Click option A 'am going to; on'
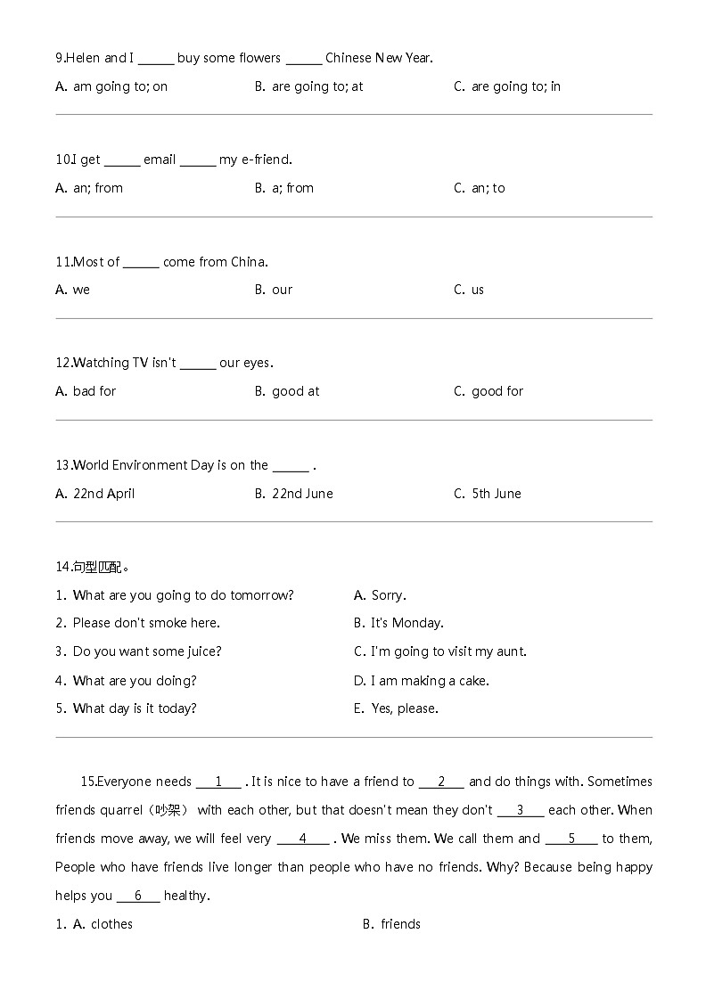coord(119,86)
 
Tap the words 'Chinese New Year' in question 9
coord(379,58)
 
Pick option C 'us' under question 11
coord(477,290)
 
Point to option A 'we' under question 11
coord(81,290)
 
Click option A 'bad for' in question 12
coord(94,391)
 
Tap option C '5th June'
coord(496,494)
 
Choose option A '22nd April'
coord(103,494)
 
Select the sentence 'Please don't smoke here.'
coord(146,623)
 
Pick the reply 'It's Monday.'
coord(406,623)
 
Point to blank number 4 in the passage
coord(303,839)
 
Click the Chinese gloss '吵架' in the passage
coord(168,810)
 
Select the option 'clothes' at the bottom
coord(111,924)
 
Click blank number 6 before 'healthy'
coord(138,896)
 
